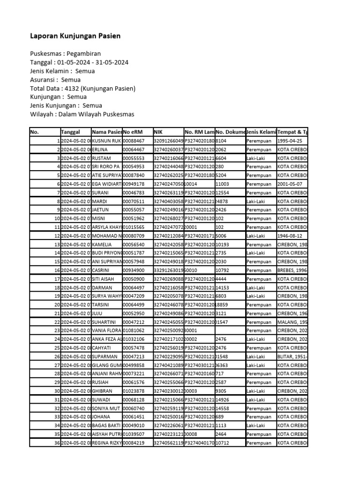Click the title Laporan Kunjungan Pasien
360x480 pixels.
(75, 36)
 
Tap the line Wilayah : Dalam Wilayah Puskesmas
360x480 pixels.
(82, 114)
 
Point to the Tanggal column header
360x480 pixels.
(70, 132)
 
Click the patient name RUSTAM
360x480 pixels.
(103, 158)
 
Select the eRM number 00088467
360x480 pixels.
(134, 141)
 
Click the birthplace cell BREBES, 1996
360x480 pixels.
(292, 270)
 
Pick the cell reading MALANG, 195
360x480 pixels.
(292, 322)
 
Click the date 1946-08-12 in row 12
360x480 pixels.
(291, 236)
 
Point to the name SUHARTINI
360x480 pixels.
(106, 322)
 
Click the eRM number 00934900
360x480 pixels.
(134, 270)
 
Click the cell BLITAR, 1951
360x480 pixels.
(292, 357)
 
